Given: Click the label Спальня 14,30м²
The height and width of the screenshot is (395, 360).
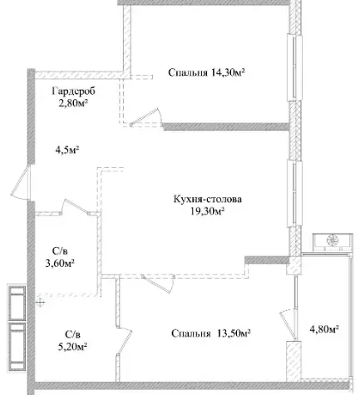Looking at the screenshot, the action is tap(206, 72).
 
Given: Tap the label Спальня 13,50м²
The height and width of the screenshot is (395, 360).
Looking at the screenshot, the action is tap(211, 333).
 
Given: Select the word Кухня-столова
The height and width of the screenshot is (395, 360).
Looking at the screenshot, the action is tap(208, 199).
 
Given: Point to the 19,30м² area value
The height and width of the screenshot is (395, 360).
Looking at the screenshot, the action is tap(207, 212).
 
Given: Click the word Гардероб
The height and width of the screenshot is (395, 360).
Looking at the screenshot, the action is tap(73, 91).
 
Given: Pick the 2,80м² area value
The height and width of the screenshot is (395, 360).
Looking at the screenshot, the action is tap(73, 104).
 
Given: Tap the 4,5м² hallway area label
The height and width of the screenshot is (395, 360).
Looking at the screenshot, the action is tap(67, 151).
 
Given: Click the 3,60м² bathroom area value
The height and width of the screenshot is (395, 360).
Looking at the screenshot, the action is tap(60, 263).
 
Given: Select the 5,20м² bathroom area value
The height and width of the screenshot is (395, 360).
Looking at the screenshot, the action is tap(72, 347).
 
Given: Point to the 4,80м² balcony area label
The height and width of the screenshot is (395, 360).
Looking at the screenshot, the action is tap(324, 329).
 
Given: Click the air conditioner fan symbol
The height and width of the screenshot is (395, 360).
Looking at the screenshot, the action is tap(333, 240).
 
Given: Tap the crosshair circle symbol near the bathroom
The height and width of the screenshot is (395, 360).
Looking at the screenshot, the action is tap(41, 302).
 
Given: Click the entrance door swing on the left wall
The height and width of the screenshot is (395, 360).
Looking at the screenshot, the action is tap(21, 182).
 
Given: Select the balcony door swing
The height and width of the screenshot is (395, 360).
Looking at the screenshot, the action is tap(288, 324).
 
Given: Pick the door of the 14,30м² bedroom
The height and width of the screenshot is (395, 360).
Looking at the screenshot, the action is tap(146, 117).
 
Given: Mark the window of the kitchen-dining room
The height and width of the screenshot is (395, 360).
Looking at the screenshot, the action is tap(294, 194).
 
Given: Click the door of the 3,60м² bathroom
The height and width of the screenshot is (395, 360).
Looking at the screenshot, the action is tap(76, 207).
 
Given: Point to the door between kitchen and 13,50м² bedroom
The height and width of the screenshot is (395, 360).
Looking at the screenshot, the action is tap(157, 284).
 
